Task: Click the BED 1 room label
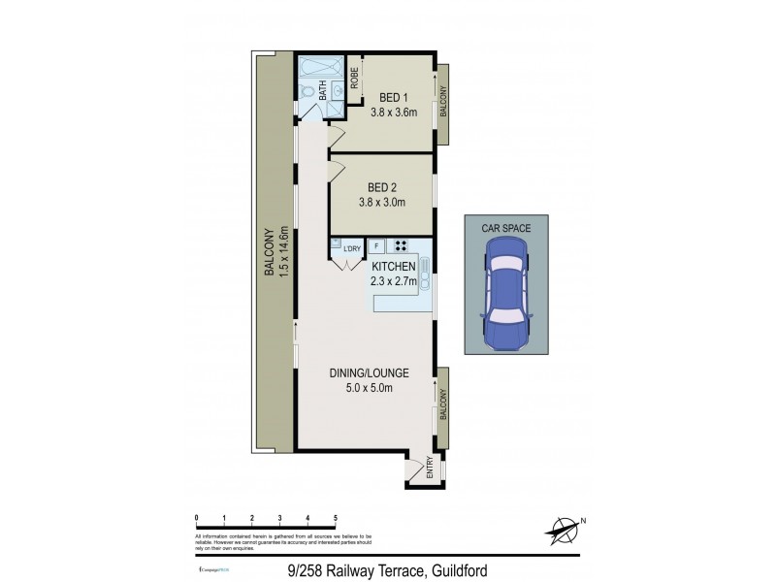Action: (393, 97)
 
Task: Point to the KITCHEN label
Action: (393, 267)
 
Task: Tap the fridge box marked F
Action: (376, 245)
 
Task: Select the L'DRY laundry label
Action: (351, 249)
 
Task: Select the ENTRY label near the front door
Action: (430, 470)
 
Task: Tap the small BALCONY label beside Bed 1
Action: (443, 102)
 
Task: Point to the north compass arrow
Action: (561, 530)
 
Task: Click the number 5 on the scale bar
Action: (336, 518)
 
